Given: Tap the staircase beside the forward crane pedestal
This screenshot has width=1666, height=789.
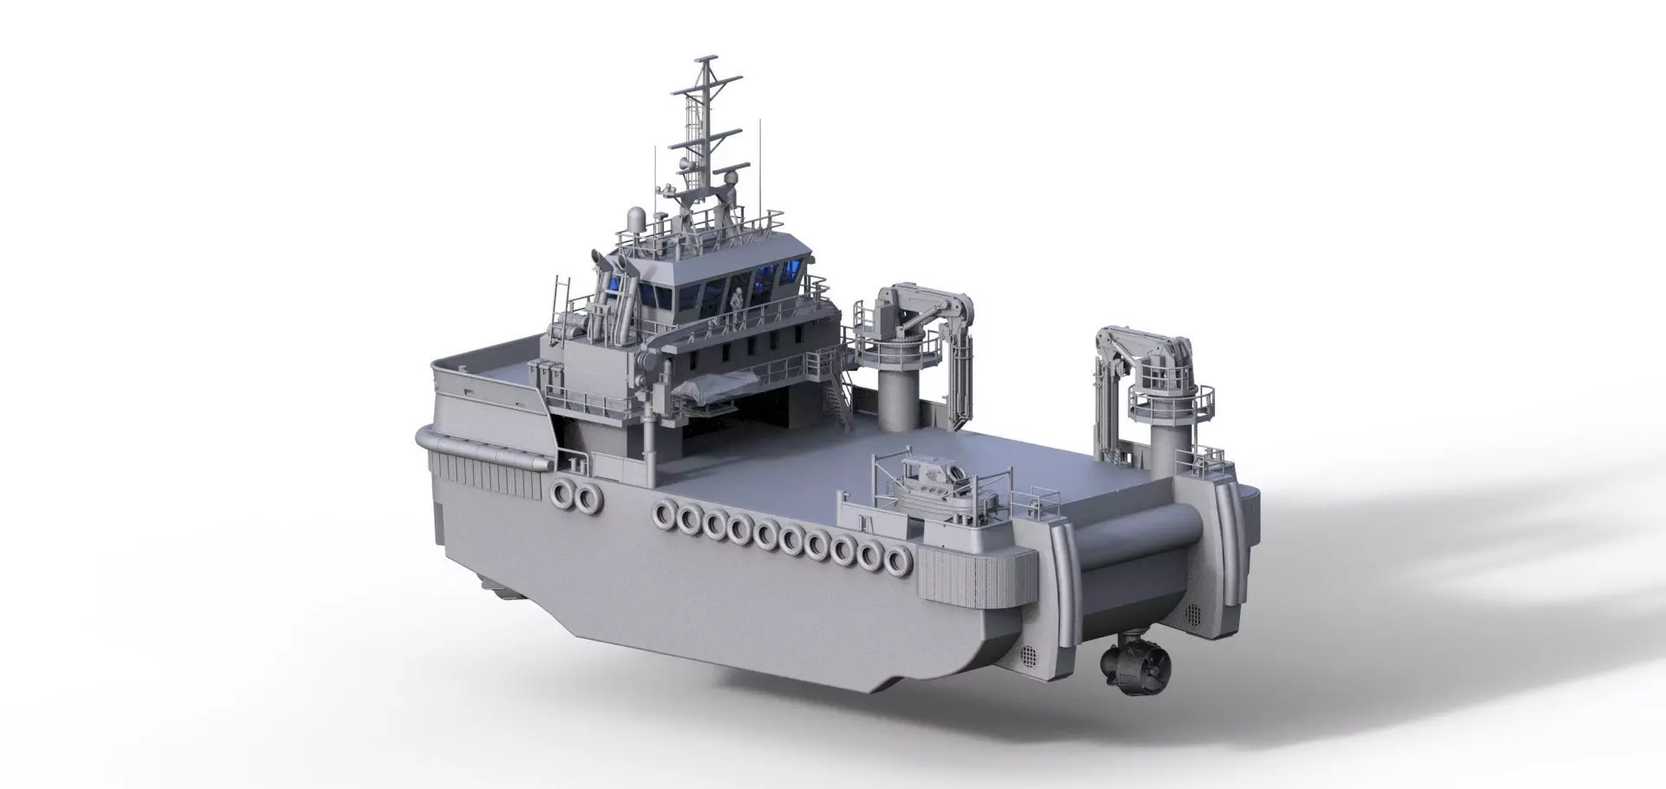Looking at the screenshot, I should [x=834, y=398].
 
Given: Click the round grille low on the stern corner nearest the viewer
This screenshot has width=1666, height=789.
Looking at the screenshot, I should [x=1028, y=654].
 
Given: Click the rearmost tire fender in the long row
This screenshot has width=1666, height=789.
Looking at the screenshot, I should [x=893, y=563].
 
